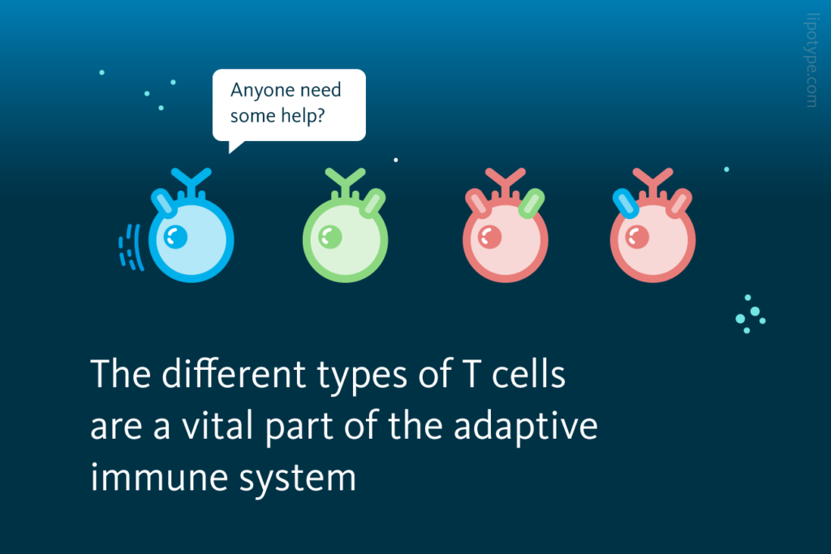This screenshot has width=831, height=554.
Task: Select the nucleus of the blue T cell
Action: pyautogui.click(x=175, y=236)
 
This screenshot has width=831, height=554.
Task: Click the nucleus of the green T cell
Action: pyautogui.click(x=329, y=236)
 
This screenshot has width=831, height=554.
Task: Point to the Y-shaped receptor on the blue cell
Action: pyautogui.click(x=192, y=181)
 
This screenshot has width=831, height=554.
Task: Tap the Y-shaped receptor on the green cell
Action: pyautogui.click(x=346, y=181)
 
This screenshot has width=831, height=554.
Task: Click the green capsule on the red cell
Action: pyautogui.click(x=531, y=203)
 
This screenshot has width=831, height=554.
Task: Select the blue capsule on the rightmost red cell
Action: pyautogui.click(x=625, y=203)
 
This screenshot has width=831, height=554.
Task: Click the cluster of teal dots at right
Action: pyautogui.click(x=750, y=315)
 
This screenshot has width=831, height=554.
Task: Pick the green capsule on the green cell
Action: pyautogui.click(x=374, y=203)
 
